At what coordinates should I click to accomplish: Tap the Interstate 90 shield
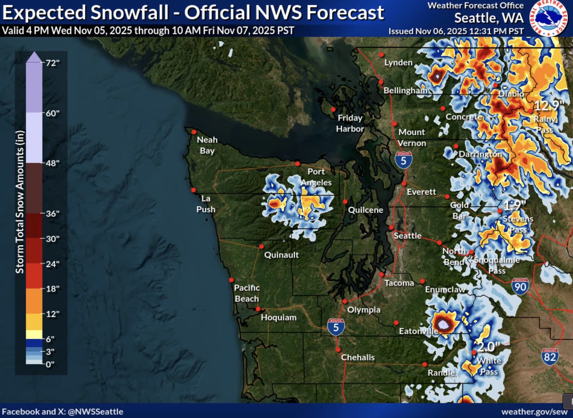[520, 286]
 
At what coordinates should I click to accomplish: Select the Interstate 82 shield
[550, 357]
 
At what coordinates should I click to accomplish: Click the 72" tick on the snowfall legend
[52, 63]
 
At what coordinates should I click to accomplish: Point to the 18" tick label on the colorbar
[52, 289]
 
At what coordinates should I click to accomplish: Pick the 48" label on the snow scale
[52, 163]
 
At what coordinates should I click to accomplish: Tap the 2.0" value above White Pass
[488, 347]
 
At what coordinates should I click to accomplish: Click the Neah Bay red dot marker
[194, 132]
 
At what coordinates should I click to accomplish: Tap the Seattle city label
[407, 236]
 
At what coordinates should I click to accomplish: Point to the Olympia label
[364, 310]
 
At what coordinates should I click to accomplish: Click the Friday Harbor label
[350, 123]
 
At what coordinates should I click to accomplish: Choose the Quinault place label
[281, 255]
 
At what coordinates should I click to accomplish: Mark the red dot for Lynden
[381, 55]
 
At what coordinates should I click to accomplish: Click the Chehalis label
[358, 357]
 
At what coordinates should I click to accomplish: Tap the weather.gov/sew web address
[534, 412]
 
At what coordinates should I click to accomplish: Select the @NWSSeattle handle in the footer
[95, 412]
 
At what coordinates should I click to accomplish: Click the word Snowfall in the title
[129, 13]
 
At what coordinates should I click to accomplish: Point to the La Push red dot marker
[193, 190]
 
